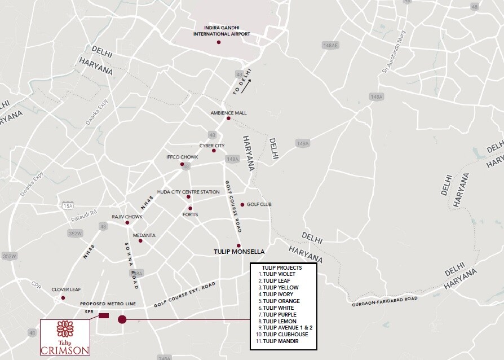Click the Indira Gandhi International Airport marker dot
(x=219, y=42)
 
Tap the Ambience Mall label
(x=228, y=113)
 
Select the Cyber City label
(x=211, y=145)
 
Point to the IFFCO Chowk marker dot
(x=182, y=164)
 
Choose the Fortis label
(x=190, y=214)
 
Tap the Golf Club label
(x=259, y=204)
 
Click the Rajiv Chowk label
(x=127, y=217)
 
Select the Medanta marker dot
(x=140, y=241)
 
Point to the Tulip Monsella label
(x=239, y=252)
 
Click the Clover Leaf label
(x=63, y=289)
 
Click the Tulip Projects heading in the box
(x=282, y=267)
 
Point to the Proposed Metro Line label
(x=108, y=304)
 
